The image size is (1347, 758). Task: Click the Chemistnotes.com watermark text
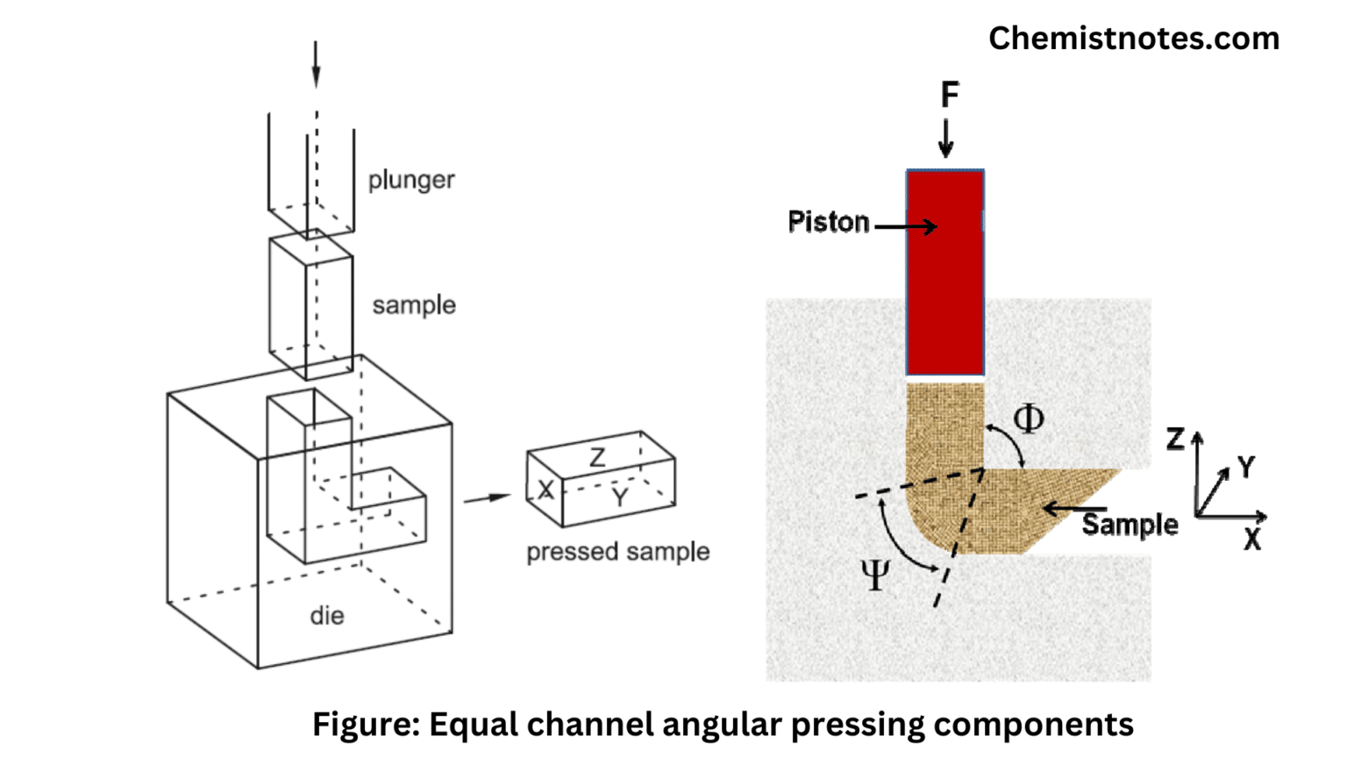[1133, 39]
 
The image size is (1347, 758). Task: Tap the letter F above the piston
[949, 95]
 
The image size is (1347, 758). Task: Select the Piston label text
[828, 222]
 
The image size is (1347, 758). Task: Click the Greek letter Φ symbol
[1028, 418]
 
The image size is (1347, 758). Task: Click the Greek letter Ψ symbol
[874, 576]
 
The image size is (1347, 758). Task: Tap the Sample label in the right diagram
[1130, 525]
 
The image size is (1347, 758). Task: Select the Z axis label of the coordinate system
[1175, 439]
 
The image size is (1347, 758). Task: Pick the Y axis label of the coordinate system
[1245, 467]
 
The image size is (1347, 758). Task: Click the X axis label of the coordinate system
[1252, 540]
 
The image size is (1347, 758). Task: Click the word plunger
[410, 180]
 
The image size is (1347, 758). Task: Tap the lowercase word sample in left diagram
[413, 305]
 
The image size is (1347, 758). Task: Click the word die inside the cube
[326, 616]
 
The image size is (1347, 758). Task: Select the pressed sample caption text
[617, 552]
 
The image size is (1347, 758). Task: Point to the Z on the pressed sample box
[597, 457]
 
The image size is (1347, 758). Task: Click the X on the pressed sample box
[545, 490]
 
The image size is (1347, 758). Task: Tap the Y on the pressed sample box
[620, 497]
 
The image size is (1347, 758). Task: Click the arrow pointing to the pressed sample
[487, 498]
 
